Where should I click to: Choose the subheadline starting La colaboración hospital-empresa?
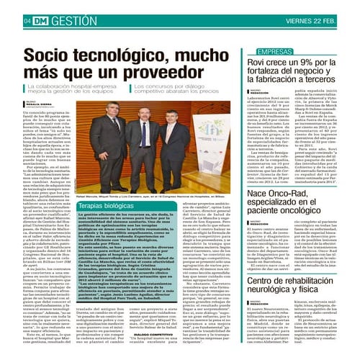coord(79,88)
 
